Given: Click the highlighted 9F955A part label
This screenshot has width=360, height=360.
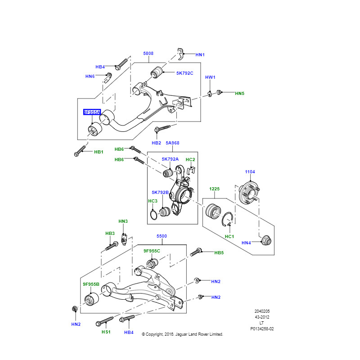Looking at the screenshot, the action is pyautogui.click(x=92, y=112).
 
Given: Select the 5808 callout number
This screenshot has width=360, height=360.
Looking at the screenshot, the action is pyautogui.click(x=148, y=54).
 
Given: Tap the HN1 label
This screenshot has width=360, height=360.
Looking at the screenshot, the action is pyautogui.click(x=200, y=55).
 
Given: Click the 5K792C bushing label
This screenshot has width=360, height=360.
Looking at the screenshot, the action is pyautogui.click(x=185, y=73).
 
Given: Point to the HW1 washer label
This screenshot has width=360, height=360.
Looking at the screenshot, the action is pyautogui.click(x=210, y=77).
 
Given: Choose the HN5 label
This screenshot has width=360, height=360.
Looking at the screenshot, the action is pyautogui.click(x=240, y=94).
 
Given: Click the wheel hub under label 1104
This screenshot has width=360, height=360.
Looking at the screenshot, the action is pyautogui.click(x=249, y=193).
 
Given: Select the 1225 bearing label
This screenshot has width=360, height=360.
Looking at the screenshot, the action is pyautogui.click(x=215, y=189).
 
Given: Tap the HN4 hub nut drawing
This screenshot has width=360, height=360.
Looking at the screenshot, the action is pyautogui.click(x=266, y=240).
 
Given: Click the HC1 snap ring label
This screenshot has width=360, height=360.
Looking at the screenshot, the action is pyautogui.click(x=229, y=237).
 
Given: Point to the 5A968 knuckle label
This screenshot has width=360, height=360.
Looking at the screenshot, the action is pyautogui.click(x=172, y=143).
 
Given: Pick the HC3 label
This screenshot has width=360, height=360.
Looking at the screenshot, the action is pyautogui.click(x=153, y=201).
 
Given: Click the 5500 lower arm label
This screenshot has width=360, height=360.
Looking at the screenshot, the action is pyautogui.click(x=162, y=236).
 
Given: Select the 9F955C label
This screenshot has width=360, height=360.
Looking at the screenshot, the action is pyautogui.click(x=152, y=251).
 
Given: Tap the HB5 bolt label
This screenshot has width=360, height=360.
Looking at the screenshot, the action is pyautogui.click(x=219, y=253).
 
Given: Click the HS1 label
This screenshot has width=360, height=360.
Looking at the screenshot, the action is pyautogui.click(x=106, y=332).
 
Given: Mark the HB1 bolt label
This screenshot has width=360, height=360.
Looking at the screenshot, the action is pyautogui.click(x=99, y=152).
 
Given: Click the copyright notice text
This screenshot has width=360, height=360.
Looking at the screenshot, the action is pyautogui.click(x=182, y=334).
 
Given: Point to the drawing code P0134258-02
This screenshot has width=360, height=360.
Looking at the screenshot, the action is pyautogui.click(x=262, y=329).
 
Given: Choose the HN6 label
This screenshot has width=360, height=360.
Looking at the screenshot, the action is pyautogui.click(x=90, y=76).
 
